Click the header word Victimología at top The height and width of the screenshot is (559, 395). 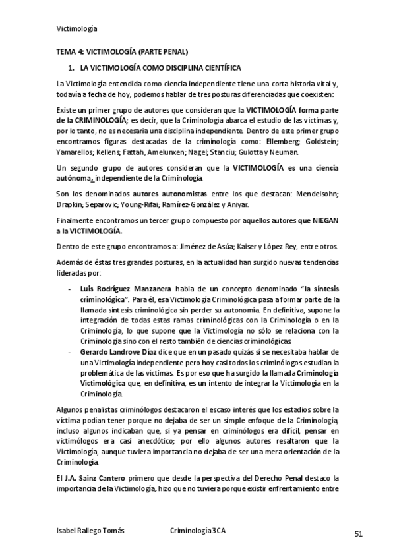[77, 28]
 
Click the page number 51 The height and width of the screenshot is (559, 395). [358, 534]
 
